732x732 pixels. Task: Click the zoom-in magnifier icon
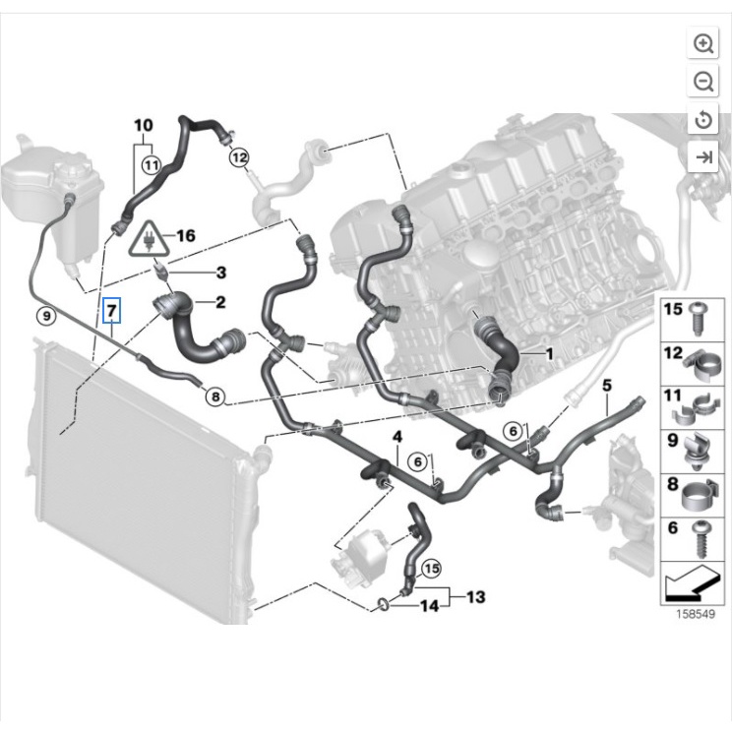tap(703, 43)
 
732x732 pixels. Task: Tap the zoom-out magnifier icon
tap(703, 82)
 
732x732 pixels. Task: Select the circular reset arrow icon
tap(703, 119)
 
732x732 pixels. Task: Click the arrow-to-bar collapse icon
tap(703, 156)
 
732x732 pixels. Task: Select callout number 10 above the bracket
tap(144, 125)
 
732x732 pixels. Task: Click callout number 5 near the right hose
tap(607, 384)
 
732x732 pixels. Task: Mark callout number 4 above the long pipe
tap(397, 436)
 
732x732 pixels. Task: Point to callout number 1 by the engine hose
tap(550, 352)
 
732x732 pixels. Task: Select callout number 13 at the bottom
tap(476, 597)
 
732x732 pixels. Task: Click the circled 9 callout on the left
tap(44, 316)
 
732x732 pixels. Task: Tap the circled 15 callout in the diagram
tap(431, 568)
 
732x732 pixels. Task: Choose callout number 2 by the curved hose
tap(220, 302)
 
